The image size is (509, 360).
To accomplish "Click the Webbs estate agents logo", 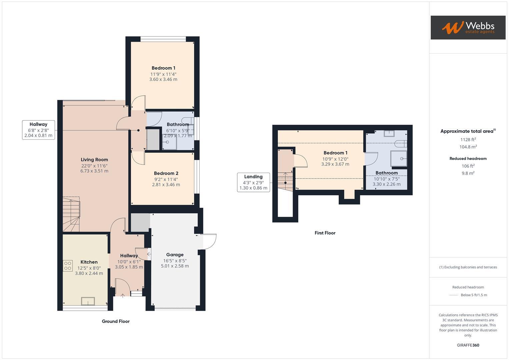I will (x=468, y=27).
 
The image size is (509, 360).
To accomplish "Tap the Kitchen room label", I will (x=89, y=262).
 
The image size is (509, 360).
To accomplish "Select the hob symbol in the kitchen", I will (x=68, y=266).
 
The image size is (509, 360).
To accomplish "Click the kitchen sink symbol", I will (x=88, y=301).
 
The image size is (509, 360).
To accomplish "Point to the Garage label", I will (x=175, y=255).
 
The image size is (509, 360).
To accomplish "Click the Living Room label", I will (x=94, y=160).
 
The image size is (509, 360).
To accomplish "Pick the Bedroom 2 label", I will (x=166, y=173).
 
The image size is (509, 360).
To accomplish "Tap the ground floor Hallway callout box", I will (x=38, y=130).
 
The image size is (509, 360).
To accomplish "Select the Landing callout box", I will (x=253, y=182).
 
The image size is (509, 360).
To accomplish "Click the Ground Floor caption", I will (x=116, y=321).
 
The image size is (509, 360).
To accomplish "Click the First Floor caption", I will (x=325, y=233).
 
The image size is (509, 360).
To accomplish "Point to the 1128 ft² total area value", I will (x=468, y=140).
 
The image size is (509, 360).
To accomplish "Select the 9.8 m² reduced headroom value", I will (x=468, y=173).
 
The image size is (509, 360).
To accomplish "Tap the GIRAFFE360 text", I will (x=468, y=345).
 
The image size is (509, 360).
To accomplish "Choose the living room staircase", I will (x=71, y=214).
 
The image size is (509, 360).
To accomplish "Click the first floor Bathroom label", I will (x=387, y=173).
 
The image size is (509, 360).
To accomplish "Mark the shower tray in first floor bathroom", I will (x=399, y=159).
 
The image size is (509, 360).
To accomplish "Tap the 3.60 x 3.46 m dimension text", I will (x=163, y=80).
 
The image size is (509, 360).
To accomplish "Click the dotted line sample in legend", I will (x=454, y=295).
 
